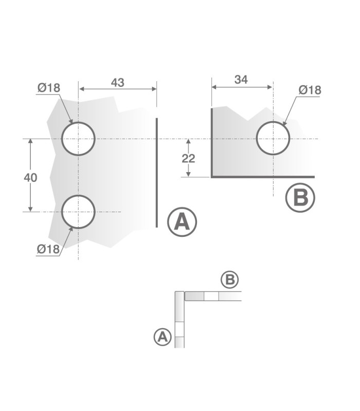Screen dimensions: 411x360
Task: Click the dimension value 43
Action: point(117,82)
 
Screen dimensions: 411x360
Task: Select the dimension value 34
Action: point(241,80)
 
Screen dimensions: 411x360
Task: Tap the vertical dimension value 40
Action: point(30,178)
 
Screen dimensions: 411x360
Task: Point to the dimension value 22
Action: point(189,158)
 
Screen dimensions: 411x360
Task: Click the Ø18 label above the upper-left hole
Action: point(49,88)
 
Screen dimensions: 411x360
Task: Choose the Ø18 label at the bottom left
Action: point(48,249)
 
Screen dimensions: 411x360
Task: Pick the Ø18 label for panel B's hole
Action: point(310,90)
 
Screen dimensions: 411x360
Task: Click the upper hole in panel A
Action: point(78,139)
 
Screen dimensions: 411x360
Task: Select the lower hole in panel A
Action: point(78,211)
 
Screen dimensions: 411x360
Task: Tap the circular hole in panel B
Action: point(273,139)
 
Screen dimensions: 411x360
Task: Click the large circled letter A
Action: point(182,221)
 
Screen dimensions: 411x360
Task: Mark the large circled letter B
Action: point(300,198)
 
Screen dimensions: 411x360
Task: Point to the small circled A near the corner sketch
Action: point(163,337)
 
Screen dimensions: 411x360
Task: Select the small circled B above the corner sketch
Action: point(229,280)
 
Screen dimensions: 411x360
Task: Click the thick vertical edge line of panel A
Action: point(156,172)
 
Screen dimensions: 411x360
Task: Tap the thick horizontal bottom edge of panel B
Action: point(262,177)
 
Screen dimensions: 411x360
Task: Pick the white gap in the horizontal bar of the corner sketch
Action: point(211,296)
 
